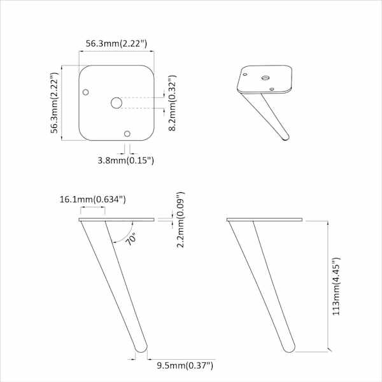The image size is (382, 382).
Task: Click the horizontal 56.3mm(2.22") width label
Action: (x=117, y=44)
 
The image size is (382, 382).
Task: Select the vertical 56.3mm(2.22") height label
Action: (x=55, y=103)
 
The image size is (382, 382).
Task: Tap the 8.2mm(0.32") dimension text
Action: (x=173, y=103)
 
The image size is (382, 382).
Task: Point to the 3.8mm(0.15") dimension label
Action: (x=125, y=160)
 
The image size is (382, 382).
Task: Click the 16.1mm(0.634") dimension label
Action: (x=93, y=199)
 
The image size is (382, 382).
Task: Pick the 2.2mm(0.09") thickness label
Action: (x=181, y=220)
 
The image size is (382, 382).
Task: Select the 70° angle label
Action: (x=131, y=239)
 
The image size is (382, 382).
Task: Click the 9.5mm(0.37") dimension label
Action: (x=185, y=365)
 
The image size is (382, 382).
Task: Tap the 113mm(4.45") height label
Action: (x=336, y=286)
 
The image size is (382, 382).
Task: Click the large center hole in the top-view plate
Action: (x=117, y=103)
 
